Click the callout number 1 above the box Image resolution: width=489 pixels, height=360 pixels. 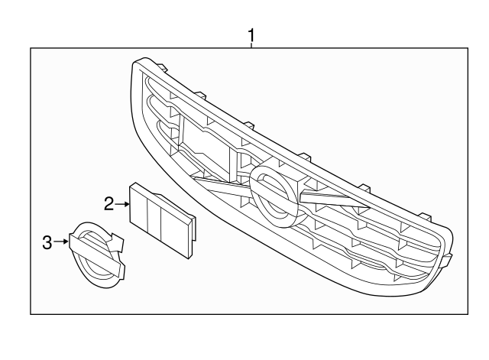(x=251, y=36)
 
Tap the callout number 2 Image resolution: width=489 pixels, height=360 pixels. (x=108, y=204)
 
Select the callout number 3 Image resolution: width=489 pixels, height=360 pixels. (x=47, y=242)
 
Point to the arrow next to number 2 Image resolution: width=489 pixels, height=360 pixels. (x=122, y=204)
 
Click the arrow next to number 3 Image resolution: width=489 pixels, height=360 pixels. (x=61, y=242)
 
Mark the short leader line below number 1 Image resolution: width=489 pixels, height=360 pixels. (x=251, y=46)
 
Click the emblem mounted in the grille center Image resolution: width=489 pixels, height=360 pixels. (x=274, y=196)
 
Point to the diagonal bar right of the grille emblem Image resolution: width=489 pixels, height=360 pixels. (x=335, y=199)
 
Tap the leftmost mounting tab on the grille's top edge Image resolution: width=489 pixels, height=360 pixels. (x=161, y=69)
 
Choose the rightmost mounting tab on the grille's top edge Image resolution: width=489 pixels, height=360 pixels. (x=425, y=217)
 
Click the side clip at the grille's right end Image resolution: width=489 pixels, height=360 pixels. (x=445, y=261)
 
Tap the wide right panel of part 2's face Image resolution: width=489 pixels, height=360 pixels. (x=175, y=232)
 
